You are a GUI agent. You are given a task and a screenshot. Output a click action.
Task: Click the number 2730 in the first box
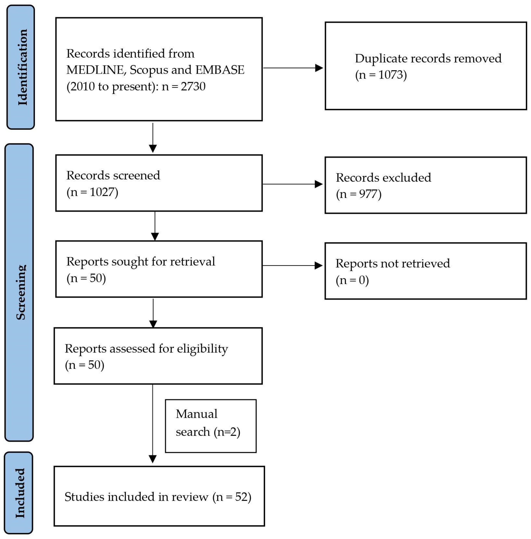(x=193, y=86)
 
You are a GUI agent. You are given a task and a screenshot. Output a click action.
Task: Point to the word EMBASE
(x=220, y=70)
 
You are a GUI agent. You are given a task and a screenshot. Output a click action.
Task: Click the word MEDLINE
(x=95, y=70)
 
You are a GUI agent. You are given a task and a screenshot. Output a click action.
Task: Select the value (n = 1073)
(x=381, y=75)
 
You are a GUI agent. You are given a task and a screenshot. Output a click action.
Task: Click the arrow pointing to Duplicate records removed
(x=318, y=68)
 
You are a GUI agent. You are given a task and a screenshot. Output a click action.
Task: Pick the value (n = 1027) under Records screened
(x=92, y=192)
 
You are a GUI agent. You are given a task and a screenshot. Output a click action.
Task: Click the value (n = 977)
(x=358, y=194)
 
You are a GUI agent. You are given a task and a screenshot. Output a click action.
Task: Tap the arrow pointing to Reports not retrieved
(x=318, y=266)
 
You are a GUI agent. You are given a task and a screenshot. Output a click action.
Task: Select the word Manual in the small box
(x=196, y=414)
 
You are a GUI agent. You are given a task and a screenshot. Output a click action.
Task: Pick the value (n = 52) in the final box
(x=232, y=497)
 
